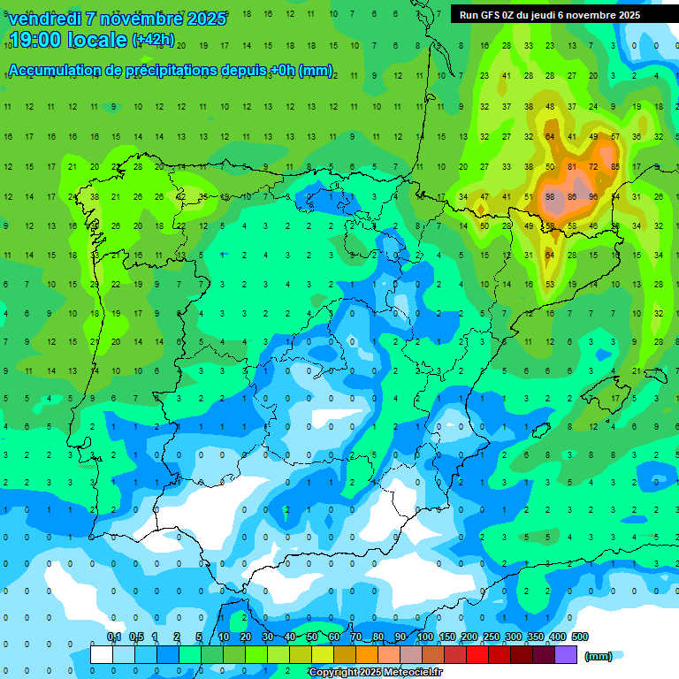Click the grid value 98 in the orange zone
coord(550,196)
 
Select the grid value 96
coord(593,196)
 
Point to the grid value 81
coord(572,166)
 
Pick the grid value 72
coord(593,166)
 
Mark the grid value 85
coord(615,166)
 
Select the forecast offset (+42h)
coord(153,40)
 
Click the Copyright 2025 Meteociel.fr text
coord(376,673)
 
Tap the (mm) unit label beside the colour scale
coord(599,656)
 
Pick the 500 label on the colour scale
coord(579,637)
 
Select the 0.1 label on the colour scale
coord(114,637)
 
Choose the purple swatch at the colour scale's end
coord(566,655)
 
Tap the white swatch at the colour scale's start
coord(102,655)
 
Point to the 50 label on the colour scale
coord(312,637)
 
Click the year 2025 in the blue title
coord(207,19)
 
